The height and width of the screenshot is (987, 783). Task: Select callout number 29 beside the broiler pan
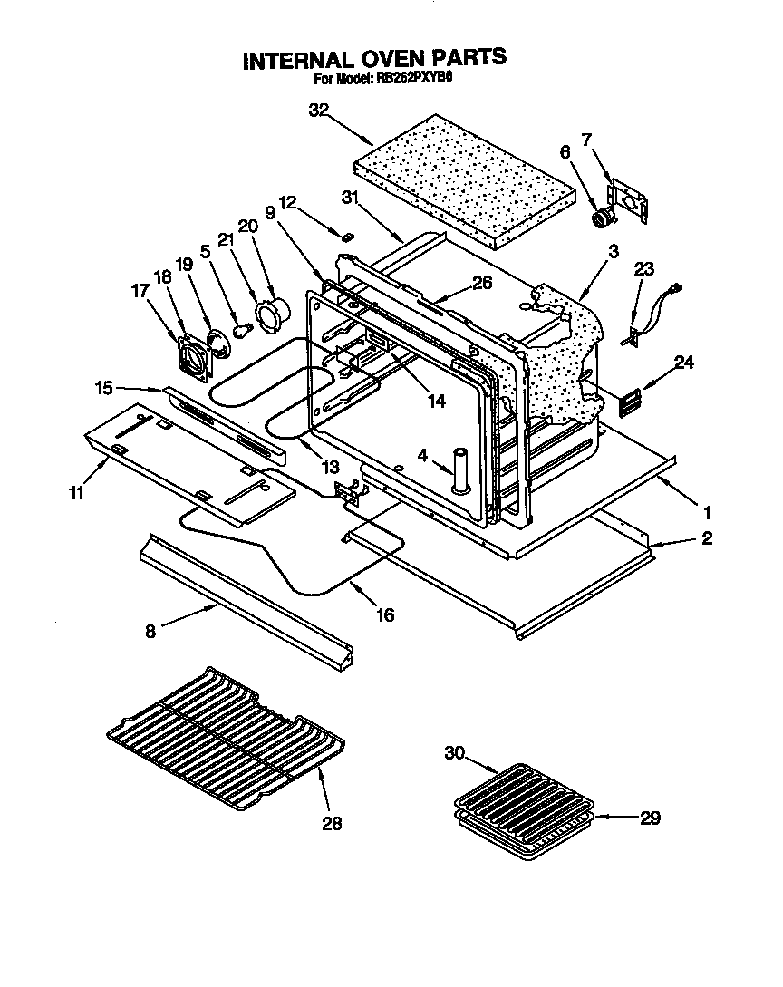click(650, 818)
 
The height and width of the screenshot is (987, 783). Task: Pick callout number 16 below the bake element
click(385, 615)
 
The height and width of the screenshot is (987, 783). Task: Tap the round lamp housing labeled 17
click(190, 355)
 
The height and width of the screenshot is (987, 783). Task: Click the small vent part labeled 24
click(629, 400)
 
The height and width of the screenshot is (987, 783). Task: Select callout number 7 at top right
click(586, 140)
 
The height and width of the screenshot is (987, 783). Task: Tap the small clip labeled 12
click(347, 236)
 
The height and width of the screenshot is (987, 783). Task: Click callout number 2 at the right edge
click(706, 538)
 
